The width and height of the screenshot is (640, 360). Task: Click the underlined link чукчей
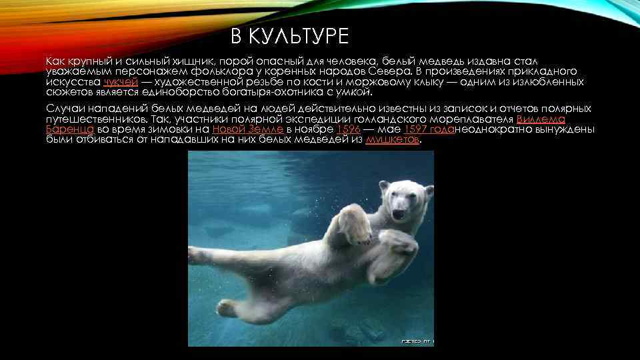coord(120,81)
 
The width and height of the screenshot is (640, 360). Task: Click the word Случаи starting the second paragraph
coord(63,109)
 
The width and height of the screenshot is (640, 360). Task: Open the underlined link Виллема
coord(541,119)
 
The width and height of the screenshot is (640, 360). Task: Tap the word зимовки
coord(157,129)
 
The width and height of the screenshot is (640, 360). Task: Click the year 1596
coord(349,129)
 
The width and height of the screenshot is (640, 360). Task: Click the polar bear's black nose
coord(399,215)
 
